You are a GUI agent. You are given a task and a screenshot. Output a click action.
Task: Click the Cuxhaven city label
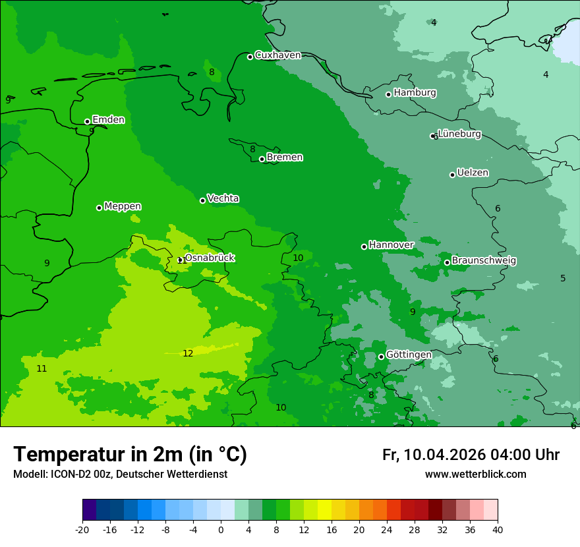coord(277,55)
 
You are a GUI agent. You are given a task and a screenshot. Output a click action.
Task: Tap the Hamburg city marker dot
coord(389,94)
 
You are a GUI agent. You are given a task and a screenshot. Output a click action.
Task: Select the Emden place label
coord(108,120)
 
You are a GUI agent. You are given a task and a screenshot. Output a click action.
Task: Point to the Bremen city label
coord(285,158)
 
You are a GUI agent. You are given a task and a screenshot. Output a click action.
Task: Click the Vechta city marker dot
coord(203,200)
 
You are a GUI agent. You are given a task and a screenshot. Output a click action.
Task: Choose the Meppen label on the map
coord(123,207)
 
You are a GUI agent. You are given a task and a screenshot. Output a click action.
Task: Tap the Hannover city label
coord(391,245)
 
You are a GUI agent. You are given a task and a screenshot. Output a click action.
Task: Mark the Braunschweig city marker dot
coord(447,262)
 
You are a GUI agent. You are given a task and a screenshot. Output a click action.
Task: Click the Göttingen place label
coord(409,355)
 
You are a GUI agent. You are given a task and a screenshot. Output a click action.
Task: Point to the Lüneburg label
coord(459,134)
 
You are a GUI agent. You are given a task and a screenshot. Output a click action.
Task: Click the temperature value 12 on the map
coord(188,354)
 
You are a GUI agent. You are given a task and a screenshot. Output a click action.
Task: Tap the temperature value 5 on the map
coord(563,279)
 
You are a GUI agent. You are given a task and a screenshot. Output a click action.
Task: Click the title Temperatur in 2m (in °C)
coord(130,455)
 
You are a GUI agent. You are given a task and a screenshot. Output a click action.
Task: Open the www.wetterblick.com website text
coord(475,475)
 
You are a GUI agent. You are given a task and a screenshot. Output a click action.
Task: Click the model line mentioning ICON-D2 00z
coord(120,475)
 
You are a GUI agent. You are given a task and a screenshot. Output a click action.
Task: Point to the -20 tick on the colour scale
coord(82,529)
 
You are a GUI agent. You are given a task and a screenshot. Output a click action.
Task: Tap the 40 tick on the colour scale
coord(498,529)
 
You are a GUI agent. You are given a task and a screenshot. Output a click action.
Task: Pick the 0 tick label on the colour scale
coord(221,529)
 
